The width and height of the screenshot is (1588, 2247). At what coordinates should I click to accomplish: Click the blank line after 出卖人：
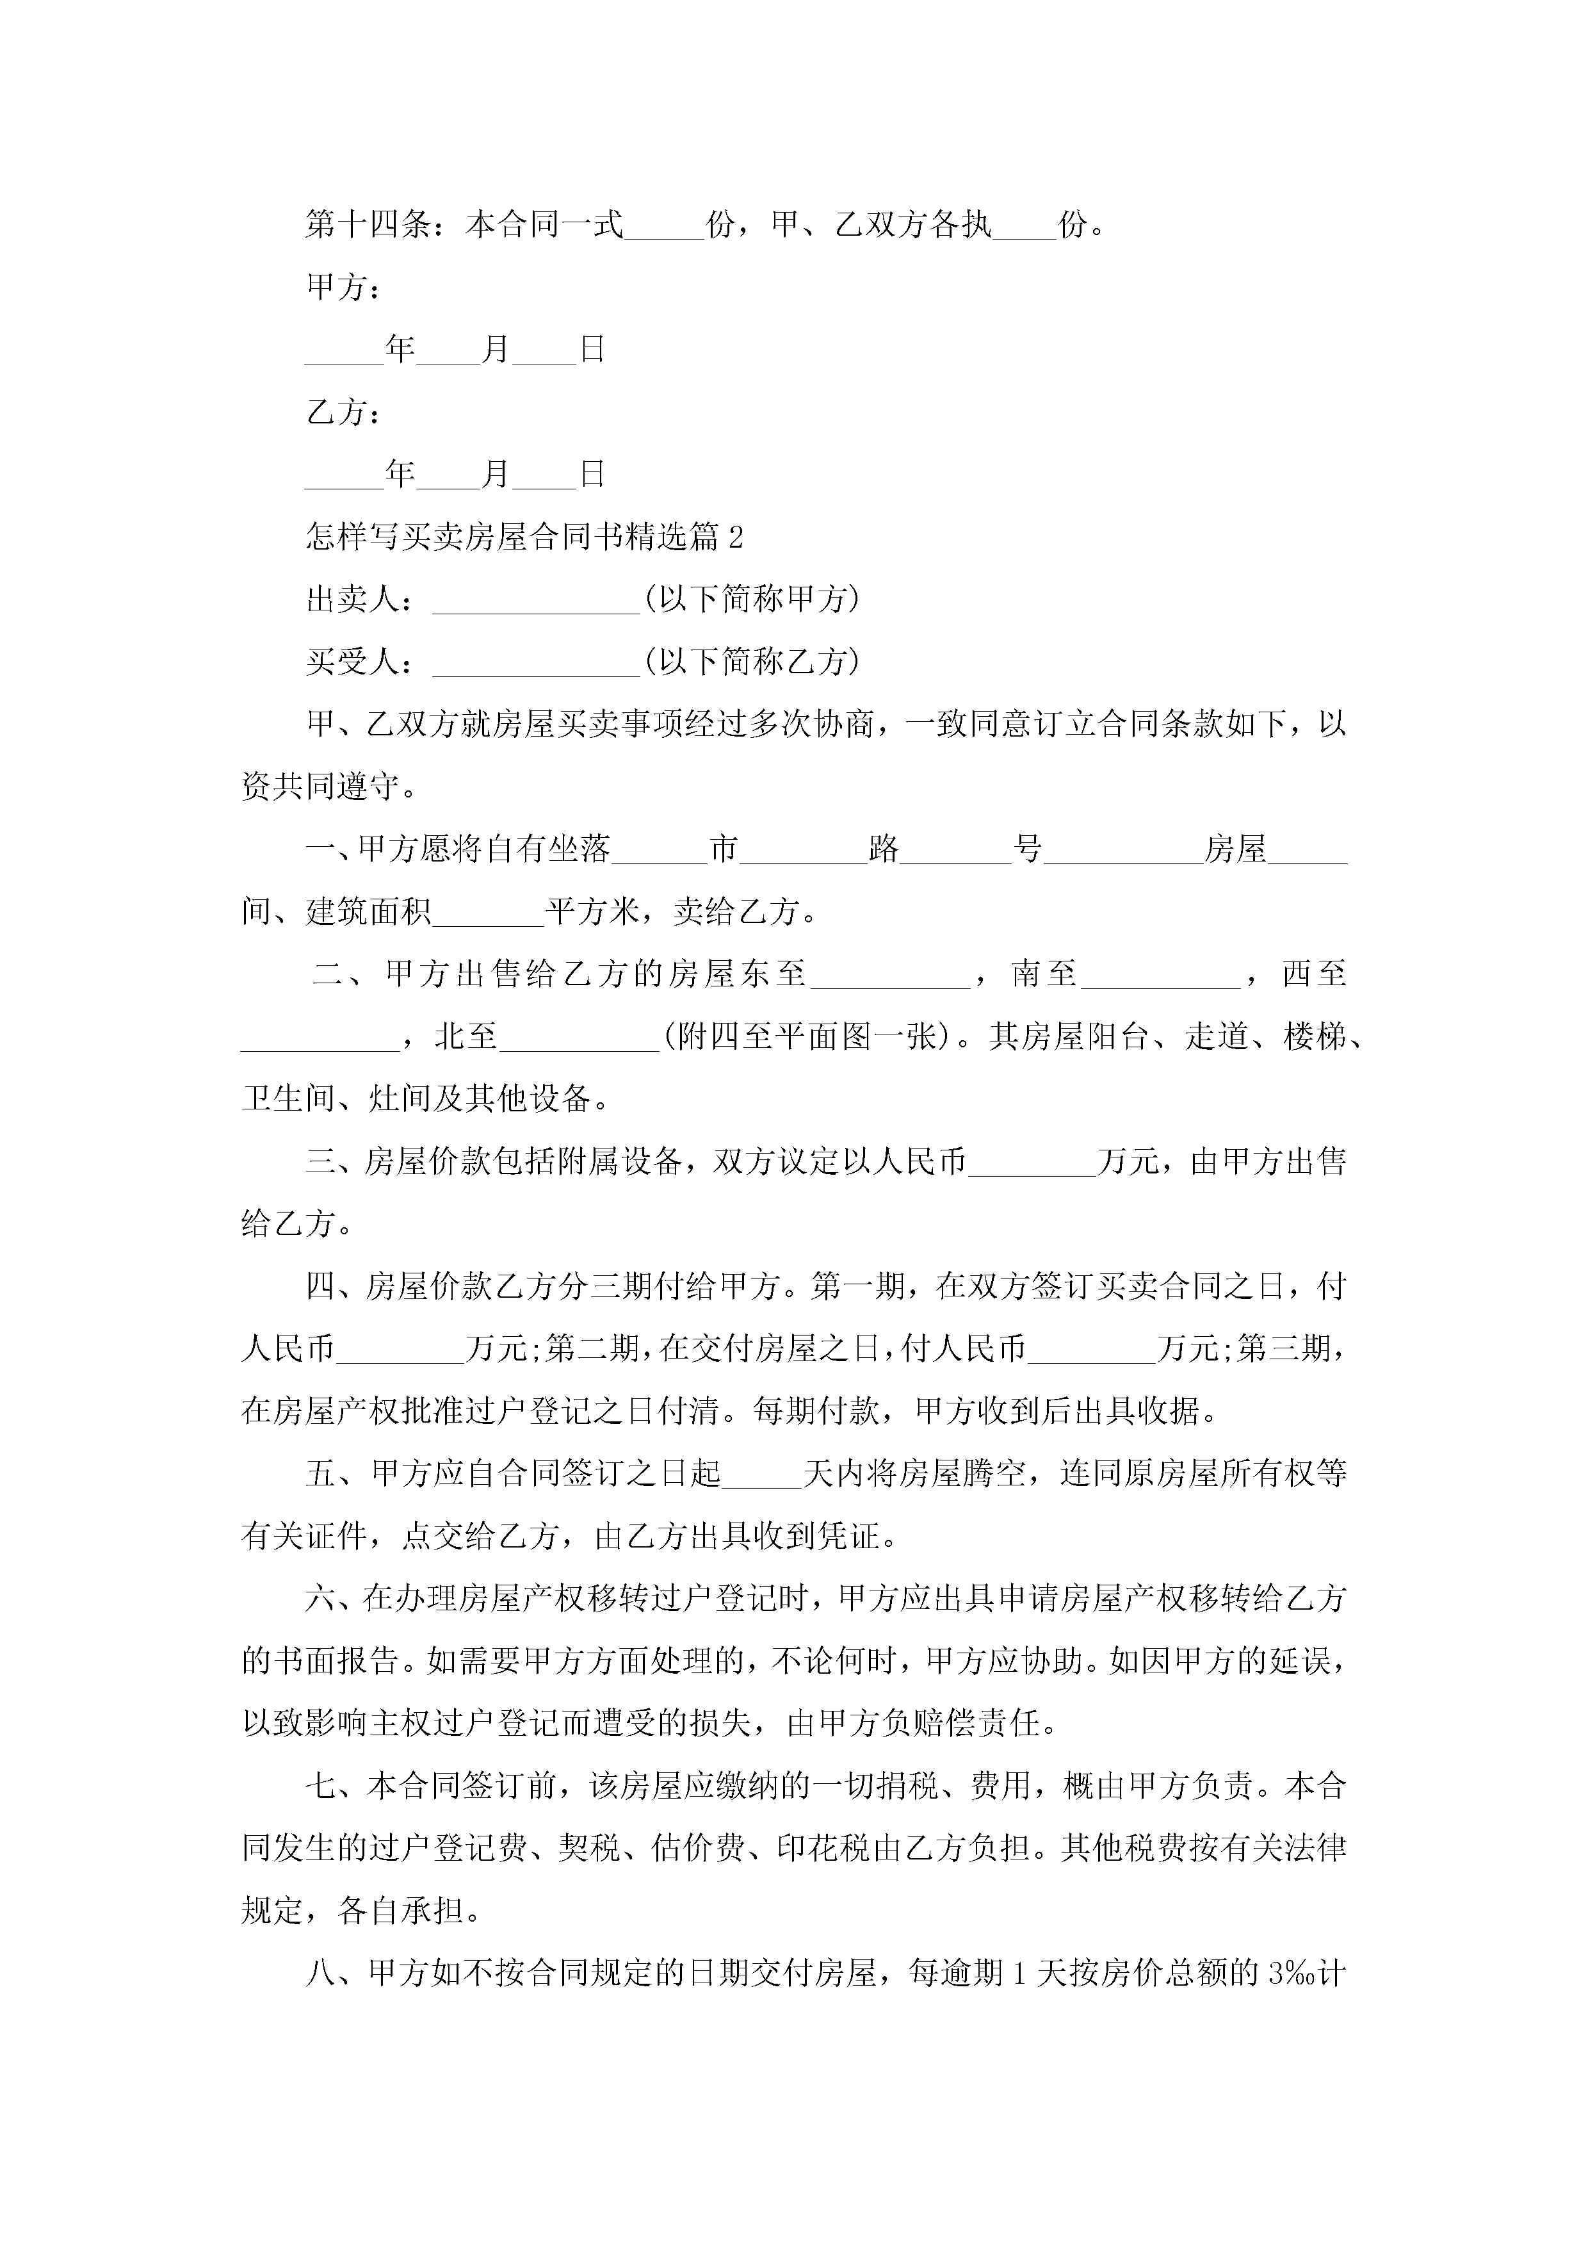[536, 605]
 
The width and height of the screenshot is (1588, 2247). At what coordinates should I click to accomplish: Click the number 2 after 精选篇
[736, 536]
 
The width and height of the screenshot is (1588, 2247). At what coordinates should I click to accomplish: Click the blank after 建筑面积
[488, 918]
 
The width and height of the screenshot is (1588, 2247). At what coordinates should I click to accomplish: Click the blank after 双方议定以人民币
[1032, 1168]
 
